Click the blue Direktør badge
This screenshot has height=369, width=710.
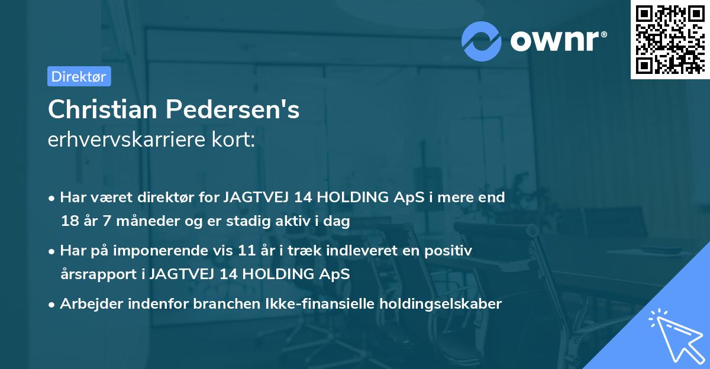(79, 76)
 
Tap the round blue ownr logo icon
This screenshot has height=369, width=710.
(482, 41)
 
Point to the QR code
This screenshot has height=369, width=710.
(669, 39)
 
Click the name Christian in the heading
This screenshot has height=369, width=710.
(102, 109)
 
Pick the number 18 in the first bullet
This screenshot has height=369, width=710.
(69, 222)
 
